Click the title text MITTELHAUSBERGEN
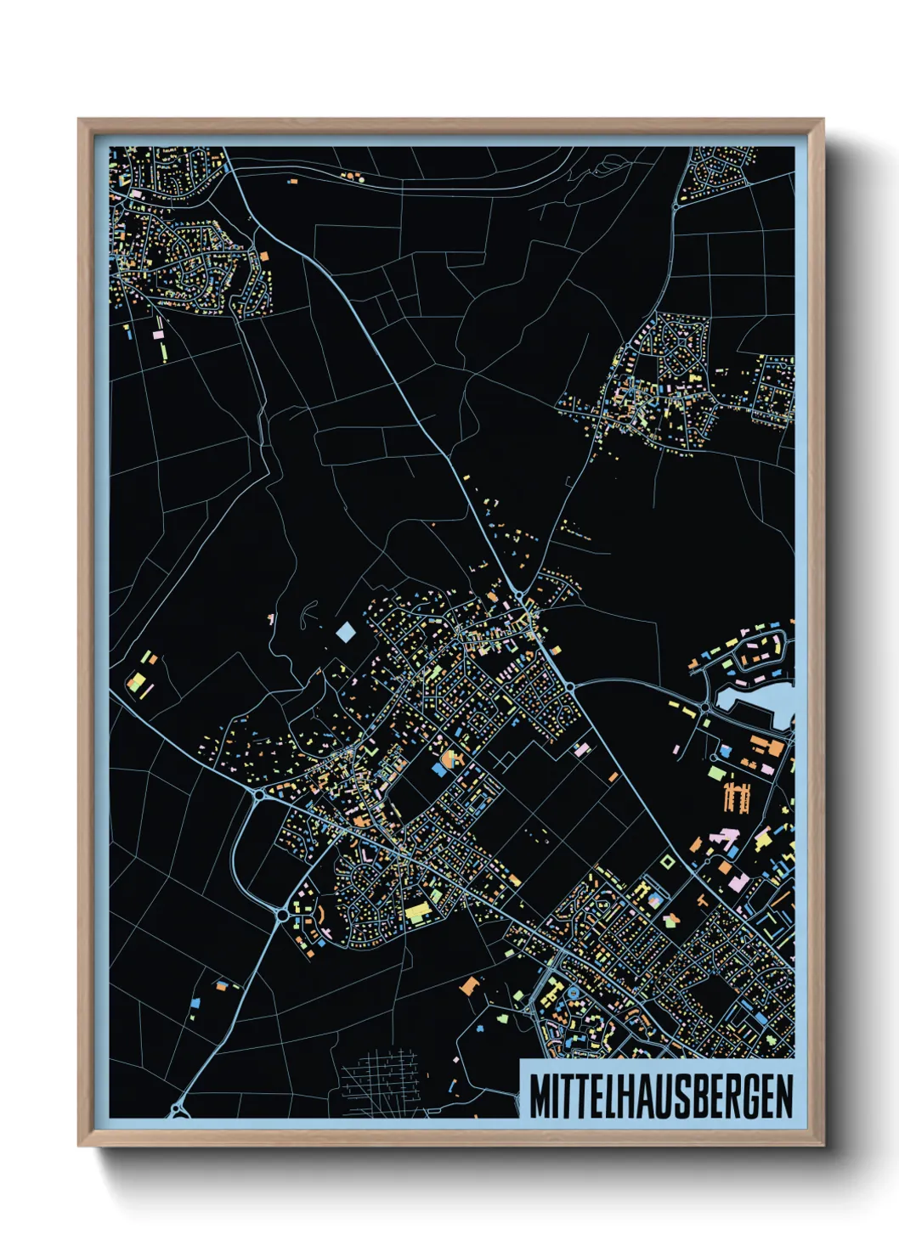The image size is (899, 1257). (661, 1096)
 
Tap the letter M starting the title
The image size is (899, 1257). (539, 1096)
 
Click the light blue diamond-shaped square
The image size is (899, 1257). (346, 632)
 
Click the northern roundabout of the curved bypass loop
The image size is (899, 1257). (258, 796)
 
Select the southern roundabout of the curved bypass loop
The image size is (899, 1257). (282, 915)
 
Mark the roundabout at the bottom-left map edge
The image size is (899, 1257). (178, 1109)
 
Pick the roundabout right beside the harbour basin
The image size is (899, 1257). (705, 707)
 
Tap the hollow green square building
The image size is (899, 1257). (667, 861)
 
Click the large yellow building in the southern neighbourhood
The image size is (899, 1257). (417, 913)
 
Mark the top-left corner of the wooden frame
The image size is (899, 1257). (79, 120)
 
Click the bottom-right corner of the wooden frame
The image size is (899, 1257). (823, 1146)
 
